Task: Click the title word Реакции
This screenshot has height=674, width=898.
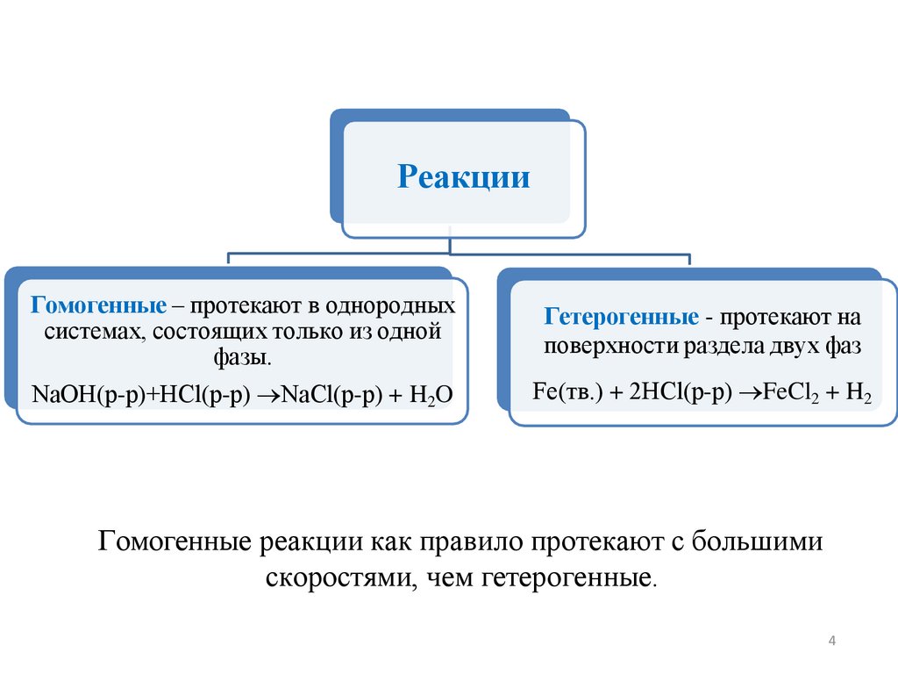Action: point(464,177)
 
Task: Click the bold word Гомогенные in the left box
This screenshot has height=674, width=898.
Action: point(99,307)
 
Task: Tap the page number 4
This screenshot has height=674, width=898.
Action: point(831,643)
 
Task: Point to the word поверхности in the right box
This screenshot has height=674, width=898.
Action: point(599,345)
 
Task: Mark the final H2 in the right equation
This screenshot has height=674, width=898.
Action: point(859,392)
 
